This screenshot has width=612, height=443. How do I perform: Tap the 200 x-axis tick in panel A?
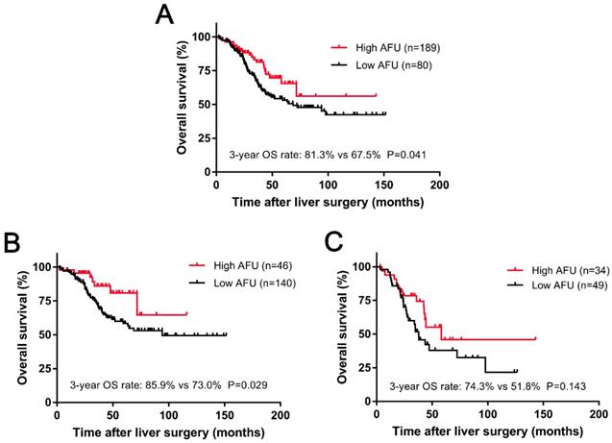(x=439, y=184)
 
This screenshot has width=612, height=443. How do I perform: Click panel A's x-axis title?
(x=327, y=203)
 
